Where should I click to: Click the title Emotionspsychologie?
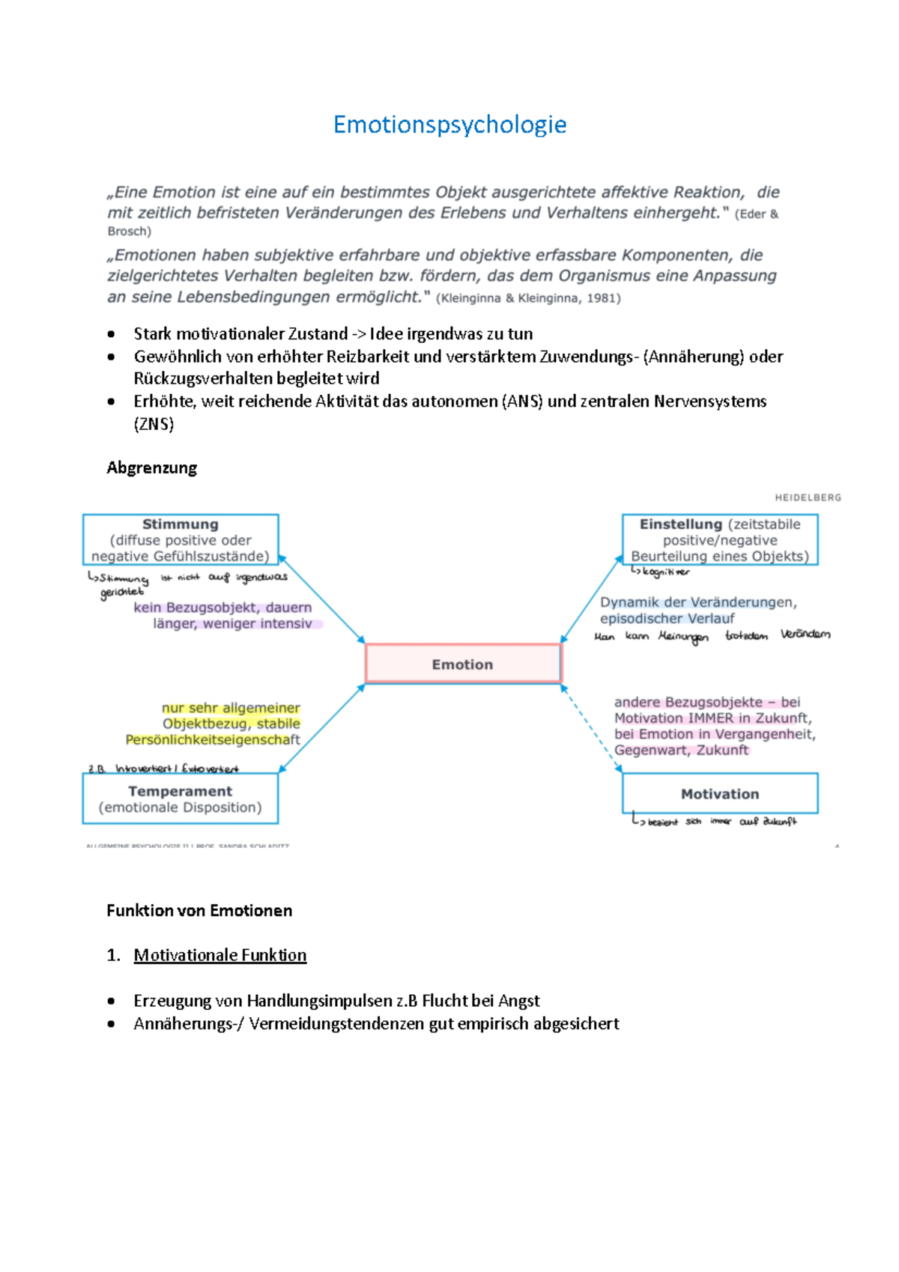click(449, 124)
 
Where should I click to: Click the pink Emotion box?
click(462, 664)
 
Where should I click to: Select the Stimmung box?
click(181, 539)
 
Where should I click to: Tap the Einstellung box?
click(720, 539)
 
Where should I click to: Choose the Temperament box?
click(180, 799)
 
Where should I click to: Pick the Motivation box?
click(720, 794)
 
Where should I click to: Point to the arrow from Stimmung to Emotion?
click(322, 599)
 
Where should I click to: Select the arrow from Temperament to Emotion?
click(322, 727)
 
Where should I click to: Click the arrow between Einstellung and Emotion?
click(591, 599)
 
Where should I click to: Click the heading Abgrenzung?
click(152, 468)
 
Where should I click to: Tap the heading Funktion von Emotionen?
click(199, 911)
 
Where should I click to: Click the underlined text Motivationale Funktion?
click(220, 955)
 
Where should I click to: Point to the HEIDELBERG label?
click(808, 497)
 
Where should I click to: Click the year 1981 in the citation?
click(602, 298)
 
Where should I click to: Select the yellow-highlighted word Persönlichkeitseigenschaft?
click(213, 740)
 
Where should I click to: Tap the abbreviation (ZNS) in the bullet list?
click(154, 425)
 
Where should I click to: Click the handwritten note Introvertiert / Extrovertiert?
click(177, 769)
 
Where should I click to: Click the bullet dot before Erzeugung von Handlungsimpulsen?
click(111, 1002)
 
